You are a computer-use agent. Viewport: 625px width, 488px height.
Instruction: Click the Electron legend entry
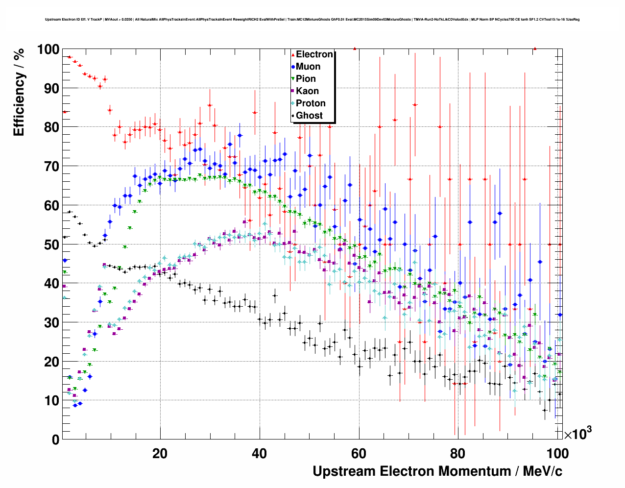(314, 54)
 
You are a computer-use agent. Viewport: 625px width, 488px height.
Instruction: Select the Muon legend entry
(308, 67)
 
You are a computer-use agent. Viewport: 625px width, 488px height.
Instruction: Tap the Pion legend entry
(306, 79)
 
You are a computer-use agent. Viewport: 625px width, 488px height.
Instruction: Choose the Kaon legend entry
(307, 91)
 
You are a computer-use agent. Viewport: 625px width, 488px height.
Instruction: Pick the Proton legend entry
(311, 103)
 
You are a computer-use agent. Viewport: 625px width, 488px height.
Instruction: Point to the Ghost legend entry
(309, 116)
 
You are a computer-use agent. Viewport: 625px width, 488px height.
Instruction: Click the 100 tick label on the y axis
(48, 49)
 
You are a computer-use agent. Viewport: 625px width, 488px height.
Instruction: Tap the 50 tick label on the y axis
(51, 244)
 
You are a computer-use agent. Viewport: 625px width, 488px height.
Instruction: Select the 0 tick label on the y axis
(55, 439)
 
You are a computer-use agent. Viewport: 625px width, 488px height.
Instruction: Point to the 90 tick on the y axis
(51, 89)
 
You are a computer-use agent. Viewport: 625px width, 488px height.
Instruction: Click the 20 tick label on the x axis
(160, 454)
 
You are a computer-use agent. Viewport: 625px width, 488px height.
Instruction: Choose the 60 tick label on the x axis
(359, 454)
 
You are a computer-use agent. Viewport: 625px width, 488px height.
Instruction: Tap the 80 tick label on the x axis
(458, 454)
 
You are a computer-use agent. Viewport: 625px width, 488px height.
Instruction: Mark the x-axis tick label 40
(260, 454)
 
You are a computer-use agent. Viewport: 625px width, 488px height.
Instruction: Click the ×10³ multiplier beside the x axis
(577, 434)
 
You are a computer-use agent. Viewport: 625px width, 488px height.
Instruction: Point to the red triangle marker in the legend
(292, 54)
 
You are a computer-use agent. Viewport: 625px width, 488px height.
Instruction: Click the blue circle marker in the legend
(292, 67)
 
